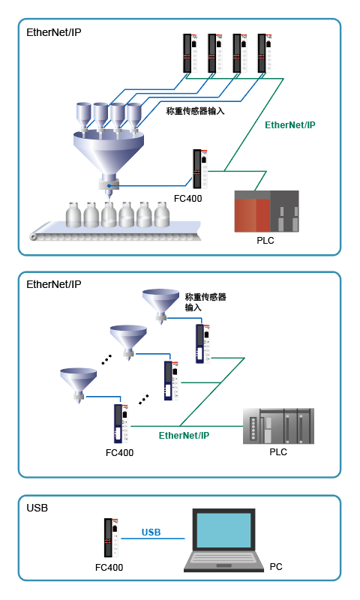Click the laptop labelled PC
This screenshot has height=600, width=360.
[x=223, y=540]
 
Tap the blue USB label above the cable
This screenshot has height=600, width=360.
[x=151, y=532]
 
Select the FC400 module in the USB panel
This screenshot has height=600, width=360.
[x=111, y=537]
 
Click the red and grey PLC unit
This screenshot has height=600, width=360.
[x=267, y=211]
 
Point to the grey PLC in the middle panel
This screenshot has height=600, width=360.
[x=278, y=426]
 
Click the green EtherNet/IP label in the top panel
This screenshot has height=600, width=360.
[x=290, y=124]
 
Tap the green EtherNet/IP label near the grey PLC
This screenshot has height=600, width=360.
[x=184, y=435]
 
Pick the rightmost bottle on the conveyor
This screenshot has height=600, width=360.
[x=162, y=214]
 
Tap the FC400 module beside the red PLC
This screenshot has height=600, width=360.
[x=200, y=169]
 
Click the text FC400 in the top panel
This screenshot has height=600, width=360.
[x=187, y=198]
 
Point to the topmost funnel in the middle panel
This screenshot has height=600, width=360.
[x=161, y=305]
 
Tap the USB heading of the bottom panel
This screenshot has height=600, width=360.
[x=37, y=508]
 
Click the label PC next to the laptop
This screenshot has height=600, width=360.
[x=276, y=566]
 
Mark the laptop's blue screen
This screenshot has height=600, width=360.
[x=223, y=530]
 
